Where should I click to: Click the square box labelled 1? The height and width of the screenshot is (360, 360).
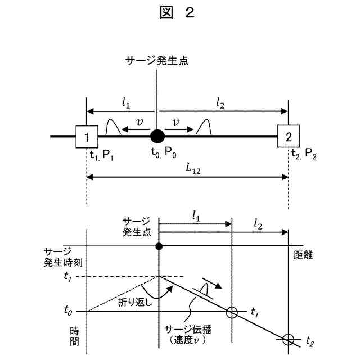[87, 136]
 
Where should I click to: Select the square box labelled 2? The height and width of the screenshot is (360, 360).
[289, 136]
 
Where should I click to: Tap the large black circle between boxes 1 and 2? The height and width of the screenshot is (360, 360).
[157, 136]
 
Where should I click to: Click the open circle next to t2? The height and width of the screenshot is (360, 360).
[288, 340]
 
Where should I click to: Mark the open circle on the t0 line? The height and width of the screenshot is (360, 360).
[231, 311]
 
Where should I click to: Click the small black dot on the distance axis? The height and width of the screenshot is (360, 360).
[159, 246]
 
